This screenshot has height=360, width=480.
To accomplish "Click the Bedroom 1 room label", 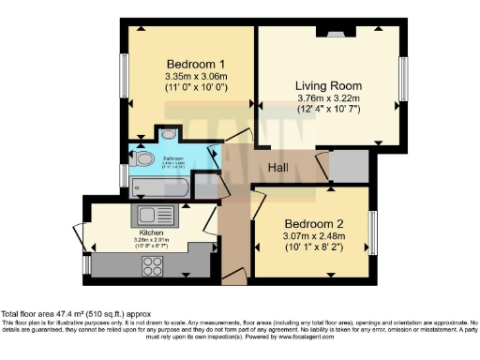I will tap(189, 64).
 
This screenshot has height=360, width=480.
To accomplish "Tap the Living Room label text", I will tap(328, 86).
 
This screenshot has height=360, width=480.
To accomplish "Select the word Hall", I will tap(278, 167).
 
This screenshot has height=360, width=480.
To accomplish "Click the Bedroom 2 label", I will tap(315, 224).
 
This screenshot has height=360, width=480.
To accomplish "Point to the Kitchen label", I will tap(152, 232).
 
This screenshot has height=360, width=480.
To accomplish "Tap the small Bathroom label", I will tap(172, 158).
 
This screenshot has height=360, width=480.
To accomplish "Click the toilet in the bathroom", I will tap(142, 159).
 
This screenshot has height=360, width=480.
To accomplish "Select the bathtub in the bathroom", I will tap(160, 187).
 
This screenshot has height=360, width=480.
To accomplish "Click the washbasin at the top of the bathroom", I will tap(169, 134).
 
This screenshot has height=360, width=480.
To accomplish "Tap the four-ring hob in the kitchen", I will tap(152, 265).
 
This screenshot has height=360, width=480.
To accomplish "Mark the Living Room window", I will tap(403, 79).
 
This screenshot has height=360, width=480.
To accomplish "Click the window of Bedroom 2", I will tap(372, 232).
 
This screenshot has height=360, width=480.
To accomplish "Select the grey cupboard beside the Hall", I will tap(349, 166).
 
